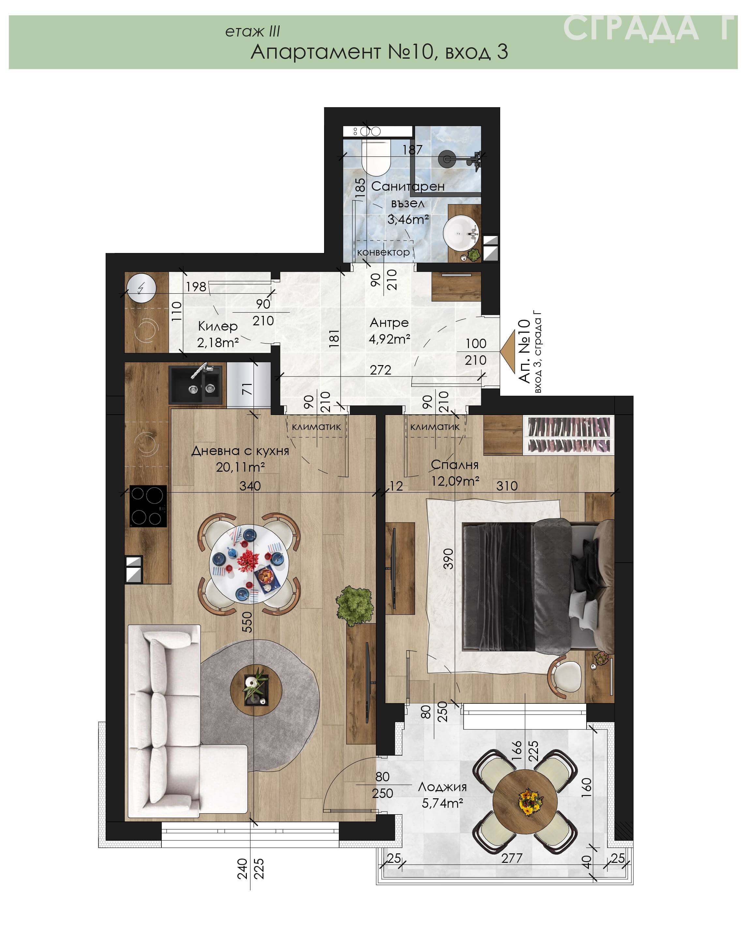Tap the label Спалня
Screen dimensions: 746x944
(x=455, y=465)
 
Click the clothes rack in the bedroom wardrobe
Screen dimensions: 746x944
(x=569, y=435)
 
